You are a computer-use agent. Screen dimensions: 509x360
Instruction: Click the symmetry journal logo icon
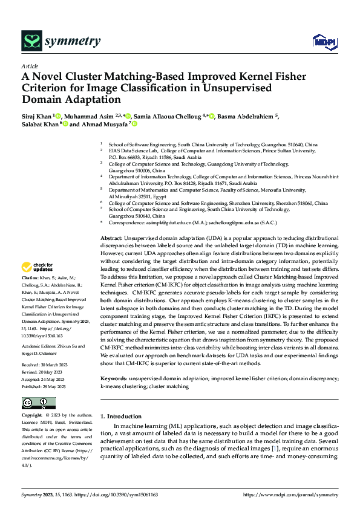tap(31, 41)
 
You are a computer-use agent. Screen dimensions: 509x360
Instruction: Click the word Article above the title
tap(30, 66)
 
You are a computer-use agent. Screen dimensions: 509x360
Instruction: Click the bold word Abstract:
tap(113, 239)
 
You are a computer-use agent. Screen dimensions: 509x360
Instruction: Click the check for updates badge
tap(40, 268)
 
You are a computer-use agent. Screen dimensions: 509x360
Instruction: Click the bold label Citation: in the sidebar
tap(31, 279)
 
